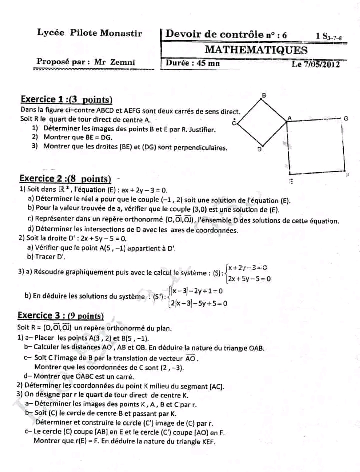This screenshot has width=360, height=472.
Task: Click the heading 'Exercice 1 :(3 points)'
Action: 67,100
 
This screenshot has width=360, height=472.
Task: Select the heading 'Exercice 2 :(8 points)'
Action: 65,178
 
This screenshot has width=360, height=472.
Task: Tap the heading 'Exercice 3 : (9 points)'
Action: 60,315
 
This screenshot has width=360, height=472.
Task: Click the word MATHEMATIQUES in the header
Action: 256,50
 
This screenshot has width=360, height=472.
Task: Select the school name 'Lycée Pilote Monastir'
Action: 90,33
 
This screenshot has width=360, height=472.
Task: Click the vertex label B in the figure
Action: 264,95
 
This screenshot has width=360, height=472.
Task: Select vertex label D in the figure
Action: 260,149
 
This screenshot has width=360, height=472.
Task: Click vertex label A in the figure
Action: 289,118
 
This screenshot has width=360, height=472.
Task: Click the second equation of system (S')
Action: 199,303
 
